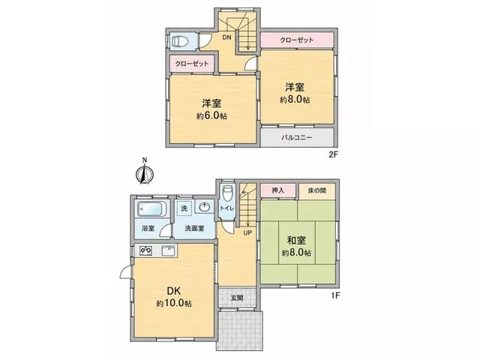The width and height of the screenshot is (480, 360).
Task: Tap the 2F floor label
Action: coord(333,154)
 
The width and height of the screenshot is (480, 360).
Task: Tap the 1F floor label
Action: coord(335,295)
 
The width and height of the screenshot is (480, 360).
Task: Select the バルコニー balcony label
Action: coord(297,137)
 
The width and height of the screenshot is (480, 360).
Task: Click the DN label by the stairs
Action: coord(226,37)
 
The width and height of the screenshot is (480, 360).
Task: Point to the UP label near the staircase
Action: coord(247,233)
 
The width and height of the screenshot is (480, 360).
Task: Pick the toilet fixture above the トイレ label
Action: coord(227,193)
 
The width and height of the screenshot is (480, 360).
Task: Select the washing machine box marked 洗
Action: coord(184,208)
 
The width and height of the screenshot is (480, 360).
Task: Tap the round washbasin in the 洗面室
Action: coord(204,207)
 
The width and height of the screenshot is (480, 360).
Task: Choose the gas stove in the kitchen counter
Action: coord(145,251)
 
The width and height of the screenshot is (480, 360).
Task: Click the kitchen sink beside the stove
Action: coord(168,251)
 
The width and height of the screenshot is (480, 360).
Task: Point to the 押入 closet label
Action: coord(278,190)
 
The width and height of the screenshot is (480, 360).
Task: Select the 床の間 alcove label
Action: coord(316,190)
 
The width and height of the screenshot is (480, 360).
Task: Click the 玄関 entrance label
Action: coord(237,297)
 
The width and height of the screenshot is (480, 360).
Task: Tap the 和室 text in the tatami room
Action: coord(296,240)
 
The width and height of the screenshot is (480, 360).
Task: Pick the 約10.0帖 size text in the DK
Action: coord(174,303)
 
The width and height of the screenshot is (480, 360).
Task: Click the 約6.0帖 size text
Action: coord(211,116)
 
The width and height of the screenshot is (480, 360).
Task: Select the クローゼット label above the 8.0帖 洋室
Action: coord(297,40)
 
